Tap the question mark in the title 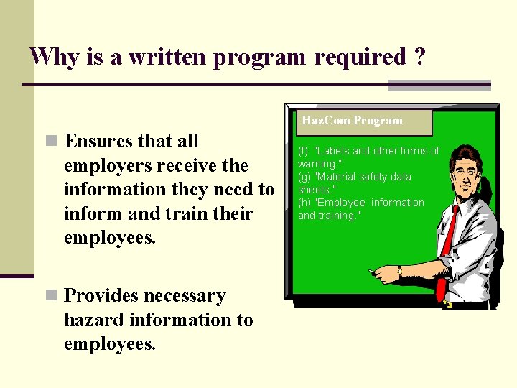point(419,56)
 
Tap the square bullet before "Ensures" point(50,141)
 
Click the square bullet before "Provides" point(50,295)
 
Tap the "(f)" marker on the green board point(303,151)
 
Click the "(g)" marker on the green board point(304,177)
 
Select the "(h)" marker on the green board point(304,203)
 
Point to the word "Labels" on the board point(332,151)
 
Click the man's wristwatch point(399,272)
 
